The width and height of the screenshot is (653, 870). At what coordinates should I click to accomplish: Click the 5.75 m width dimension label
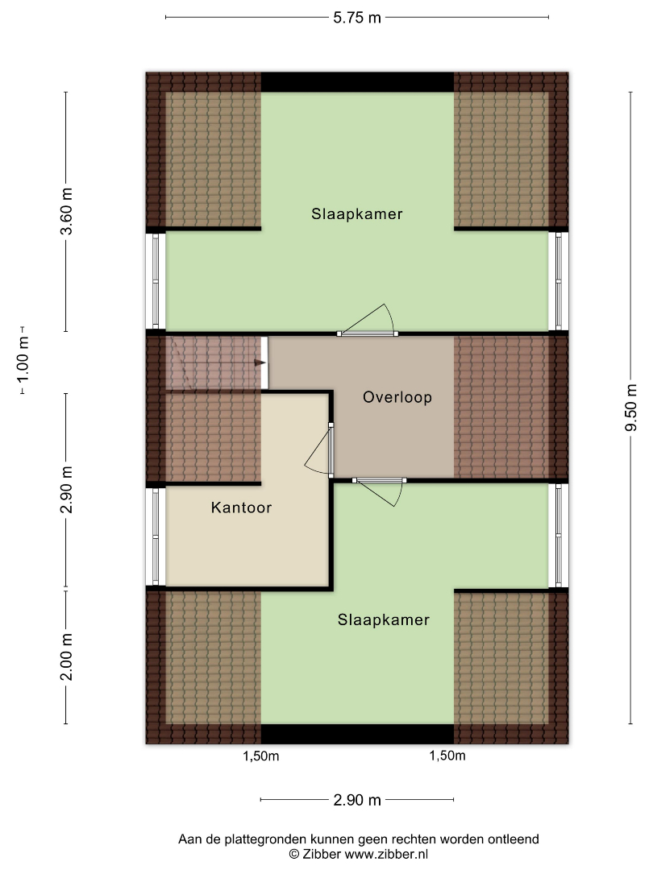point(357,18)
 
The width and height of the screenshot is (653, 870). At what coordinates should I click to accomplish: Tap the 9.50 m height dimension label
point(630,408)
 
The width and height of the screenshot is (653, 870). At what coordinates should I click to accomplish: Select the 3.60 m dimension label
point(66,211)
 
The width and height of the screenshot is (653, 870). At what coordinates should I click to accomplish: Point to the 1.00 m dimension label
point(23,360)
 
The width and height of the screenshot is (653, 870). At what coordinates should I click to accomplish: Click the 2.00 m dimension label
point(66,657)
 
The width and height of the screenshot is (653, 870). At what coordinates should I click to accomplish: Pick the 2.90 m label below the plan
point(357,800)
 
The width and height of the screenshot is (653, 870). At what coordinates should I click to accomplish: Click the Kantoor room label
point(242,507)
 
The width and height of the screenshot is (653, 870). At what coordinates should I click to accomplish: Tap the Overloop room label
point(397,397)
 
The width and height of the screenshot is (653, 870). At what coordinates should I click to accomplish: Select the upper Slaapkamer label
point(357,214)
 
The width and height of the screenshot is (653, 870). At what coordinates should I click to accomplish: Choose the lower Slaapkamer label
point(384,619)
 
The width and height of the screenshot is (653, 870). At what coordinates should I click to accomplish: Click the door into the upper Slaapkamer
point(368,321)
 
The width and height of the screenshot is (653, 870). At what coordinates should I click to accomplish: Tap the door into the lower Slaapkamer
point(378,491)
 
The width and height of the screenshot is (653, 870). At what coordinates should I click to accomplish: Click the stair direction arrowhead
point(260,362)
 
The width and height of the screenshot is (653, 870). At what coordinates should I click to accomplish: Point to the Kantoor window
point(156,536)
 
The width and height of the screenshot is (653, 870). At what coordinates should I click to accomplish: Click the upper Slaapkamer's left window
point(156,281)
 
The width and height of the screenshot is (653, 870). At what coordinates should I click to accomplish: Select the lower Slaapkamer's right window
point(559,536)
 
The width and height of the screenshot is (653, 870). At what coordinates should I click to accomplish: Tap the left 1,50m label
point(261,756)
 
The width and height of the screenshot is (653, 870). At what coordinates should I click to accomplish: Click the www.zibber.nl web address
point(386,855)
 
